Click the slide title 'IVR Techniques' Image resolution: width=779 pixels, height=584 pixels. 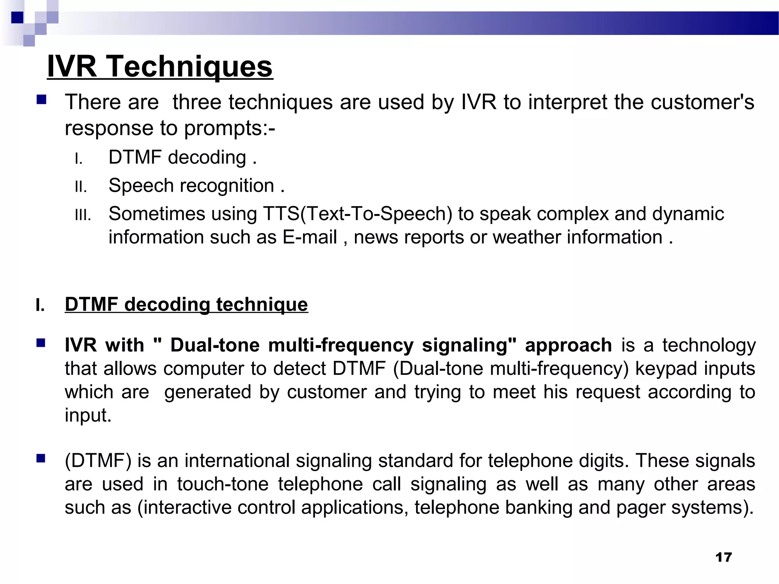(160, 67)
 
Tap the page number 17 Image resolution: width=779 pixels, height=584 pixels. (723, 557)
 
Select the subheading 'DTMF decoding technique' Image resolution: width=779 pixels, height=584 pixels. (186, 305)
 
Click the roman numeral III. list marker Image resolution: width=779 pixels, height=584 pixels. (83, 216)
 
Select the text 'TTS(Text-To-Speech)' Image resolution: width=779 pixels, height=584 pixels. (358, 214)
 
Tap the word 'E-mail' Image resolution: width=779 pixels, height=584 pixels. (310, 237)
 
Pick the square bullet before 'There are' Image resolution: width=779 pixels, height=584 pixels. (41, 100)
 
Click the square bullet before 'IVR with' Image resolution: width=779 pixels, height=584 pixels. (41, 343)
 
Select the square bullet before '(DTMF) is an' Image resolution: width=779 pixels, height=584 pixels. (41, 459)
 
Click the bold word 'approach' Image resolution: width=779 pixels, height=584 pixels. (568, 346)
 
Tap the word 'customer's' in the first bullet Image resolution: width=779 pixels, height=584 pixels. (702, 102)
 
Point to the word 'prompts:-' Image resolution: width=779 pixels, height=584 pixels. (230, 129)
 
